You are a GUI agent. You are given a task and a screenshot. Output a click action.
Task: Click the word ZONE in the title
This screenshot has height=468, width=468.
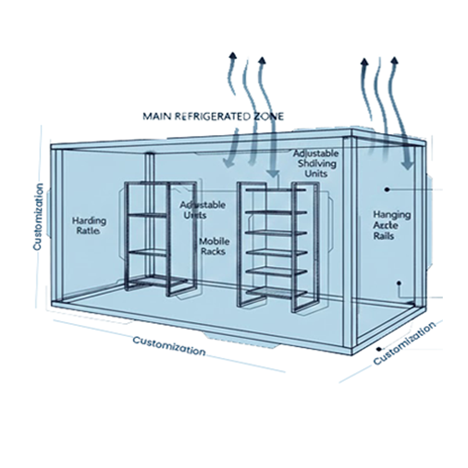(x=267, y=116)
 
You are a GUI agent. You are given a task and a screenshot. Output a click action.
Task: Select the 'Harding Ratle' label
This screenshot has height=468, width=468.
(x=89, y=225)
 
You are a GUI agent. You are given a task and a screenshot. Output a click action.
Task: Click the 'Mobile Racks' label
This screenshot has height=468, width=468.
(x=214, y=246)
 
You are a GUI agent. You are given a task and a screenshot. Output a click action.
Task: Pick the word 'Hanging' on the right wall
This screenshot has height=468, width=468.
(x=391, y=215)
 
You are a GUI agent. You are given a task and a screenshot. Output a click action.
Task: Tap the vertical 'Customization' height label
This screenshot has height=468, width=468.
(x=38, y=217)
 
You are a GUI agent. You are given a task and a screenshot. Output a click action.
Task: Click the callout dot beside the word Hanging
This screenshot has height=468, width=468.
(x=387, y=189)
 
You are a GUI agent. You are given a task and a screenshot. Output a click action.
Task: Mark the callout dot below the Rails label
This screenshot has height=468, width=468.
(x=399, y=283)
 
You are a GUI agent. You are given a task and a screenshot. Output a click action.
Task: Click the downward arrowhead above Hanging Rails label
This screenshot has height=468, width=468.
(x=407, y=164)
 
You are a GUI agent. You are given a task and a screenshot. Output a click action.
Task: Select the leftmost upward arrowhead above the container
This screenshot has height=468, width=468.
(x=233, y=56)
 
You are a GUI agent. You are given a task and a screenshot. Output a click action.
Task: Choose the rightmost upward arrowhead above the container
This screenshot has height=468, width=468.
(x=394, y=60)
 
